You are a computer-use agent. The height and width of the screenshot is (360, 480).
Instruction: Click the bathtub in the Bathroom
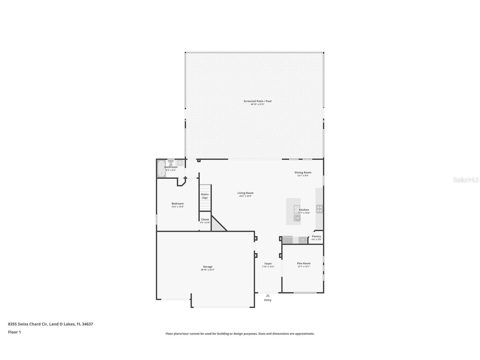[x=161, y=169]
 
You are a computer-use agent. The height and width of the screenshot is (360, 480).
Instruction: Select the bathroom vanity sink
[x=180, y=162]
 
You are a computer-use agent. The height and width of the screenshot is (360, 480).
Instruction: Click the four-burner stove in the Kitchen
[x=319, y=209]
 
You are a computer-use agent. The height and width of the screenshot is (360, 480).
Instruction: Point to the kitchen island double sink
[x=296, y=209]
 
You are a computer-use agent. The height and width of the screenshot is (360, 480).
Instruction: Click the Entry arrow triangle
[x=268, y=295]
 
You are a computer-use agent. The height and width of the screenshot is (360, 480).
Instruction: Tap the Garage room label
[x=208, y=267]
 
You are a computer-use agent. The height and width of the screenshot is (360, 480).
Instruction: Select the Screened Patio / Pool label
[x=257, y=101]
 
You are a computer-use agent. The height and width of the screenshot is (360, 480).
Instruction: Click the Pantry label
[x=317, y=236]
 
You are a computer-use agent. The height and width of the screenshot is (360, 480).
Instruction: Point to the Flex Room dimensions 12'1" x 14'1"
[x=304, y=266]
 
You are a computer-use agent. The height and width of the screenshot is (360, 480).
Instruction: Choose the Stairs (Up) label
[x=205, y=196]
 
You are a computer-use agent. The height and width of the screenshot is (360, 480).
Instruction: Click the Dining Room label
[x=303, y=172]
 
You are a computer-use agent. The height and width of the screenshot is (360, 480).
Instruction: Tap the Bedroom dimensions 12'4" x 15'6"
[x=178, y=207]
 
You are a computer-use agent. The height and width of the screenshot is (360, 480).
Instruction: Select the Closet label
[x=205, y=219]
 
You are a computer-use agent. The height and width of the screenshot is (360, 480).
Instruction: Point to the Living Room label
[x=246, y=193]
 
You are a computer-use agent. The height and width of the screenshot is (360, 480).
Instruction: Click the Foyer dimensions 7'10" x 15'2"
[x=268, y=267]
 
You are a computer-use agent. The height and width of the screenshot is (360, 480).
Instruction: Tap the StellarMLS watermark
[x=466, y=180]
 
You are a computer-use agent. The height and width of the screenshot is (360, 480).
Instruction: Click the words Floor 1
[x=14, y=332]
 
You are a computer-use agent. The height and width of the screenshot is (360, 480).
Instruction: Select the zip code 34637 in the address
[x=87, y=324]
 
